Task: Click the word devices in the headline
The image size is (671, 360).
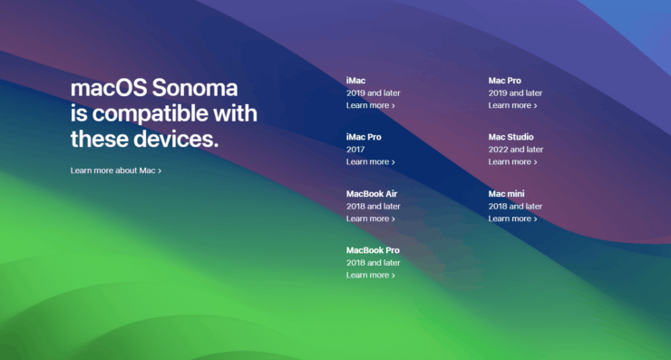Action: [170, 141]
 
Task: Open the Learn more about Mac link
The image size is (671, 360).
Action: [115, 170]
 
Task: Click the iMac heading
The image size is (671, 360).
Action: [356, 81]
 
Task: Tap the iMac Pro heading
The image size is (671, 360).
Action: [364, 137]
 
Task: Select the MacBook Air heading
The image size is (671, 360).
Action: [372, 194]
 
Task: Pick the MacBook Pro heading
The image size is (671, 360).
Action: [373, 250]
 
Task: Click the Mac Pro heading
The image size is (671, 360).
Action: [505, 81]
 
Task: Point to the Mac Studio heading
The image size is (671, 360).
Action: [511, 137]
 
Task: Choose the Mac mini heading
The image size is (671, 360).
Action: [507, 194]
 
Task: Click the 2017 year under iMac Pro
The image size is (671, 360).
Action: [355, 150]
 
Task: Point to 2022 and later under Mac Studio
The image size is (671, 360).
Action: [516, 150]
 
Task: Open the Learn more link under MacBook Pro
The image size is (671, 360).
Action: [370, 276]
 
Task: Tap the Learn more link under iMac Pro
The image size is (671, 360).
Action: [370, 162]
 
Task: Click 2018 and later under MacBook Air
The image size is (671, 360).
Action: [373, 206]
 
